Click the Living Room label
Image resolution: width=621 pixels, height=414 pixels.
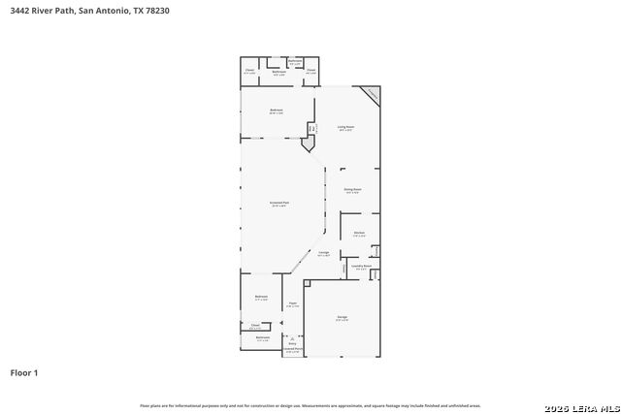click(345, 127)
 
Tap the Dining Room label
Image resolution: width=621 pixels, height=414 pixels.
click(352, 190)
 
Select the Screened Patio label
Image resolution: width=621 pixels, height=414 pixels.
click(279, 204)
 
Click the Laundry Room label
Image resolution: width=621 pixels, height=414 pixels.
click(361, 267)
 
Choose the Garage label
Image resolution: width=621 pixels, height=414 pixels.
click(342, 318)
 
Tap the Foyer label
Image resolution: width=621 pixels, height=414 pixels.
click(291, 304)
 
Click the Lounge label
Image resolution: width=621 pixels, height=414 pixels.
click(324, 254)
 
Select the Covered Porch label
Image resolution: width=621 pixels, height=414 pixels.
click(293, 349)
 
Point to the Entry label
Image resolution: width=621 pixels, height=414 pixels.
click(292, 343)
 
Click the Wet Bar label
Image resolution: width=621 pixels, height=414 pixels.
click(311, 128)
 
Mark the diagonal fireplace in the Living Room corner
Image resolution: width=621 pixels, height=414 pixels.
click(371, 95)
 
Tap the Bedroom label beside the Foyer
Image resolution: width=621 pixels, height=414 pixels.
click(261, 297)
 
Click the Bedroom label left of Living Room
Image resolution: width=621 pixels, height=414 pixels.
click(277, 111)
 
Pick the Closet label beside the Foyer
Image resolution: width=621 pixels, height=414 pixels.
click(255, 326)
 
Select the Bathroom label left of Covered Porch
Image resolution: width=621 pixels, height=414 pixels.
click(262, 337)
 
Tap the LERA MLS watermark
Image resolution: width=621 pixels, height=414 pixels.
click(581, 405)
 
